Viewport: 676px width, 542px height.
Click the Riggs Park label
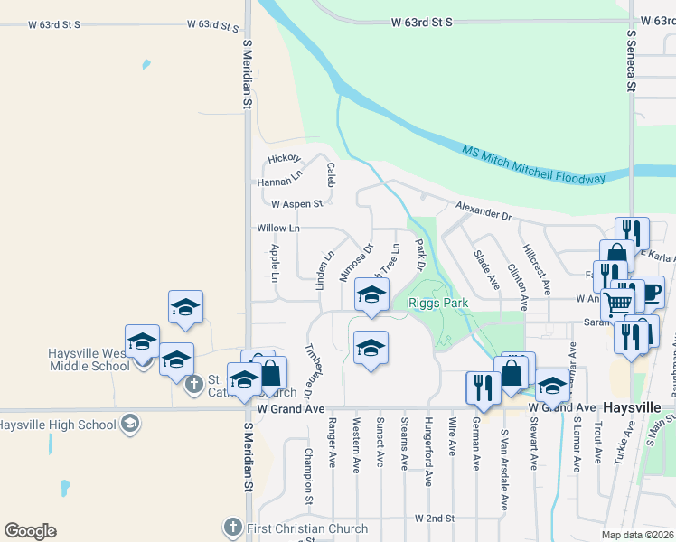(x=438, y=304)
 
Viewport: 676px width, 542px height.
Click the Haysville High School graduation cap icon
(x=130, y=425)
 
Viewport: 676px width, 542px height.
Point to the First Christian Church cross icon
(x=232, y=527)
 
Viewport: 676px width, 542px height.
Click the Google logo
(x=30, y=531)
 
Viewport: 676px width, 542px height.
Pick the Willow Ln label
(x=277, y=229)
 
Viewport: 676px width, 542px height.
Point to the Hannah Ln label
(x=278, y=182)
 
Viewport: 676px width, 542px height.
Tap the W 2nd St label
(x=434, y=519)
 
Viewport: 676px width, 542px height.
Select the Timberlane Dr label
(x=310, y=371)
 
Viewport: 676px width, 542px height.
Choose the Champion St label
(x=309, y=475)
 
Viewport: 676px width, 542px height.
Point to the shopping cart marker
(x=618, y=304)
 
